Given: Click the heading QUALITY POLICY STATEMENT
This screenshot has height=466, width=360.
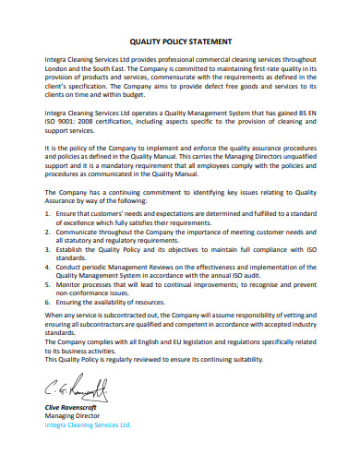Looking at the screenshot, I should point(180,42).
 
